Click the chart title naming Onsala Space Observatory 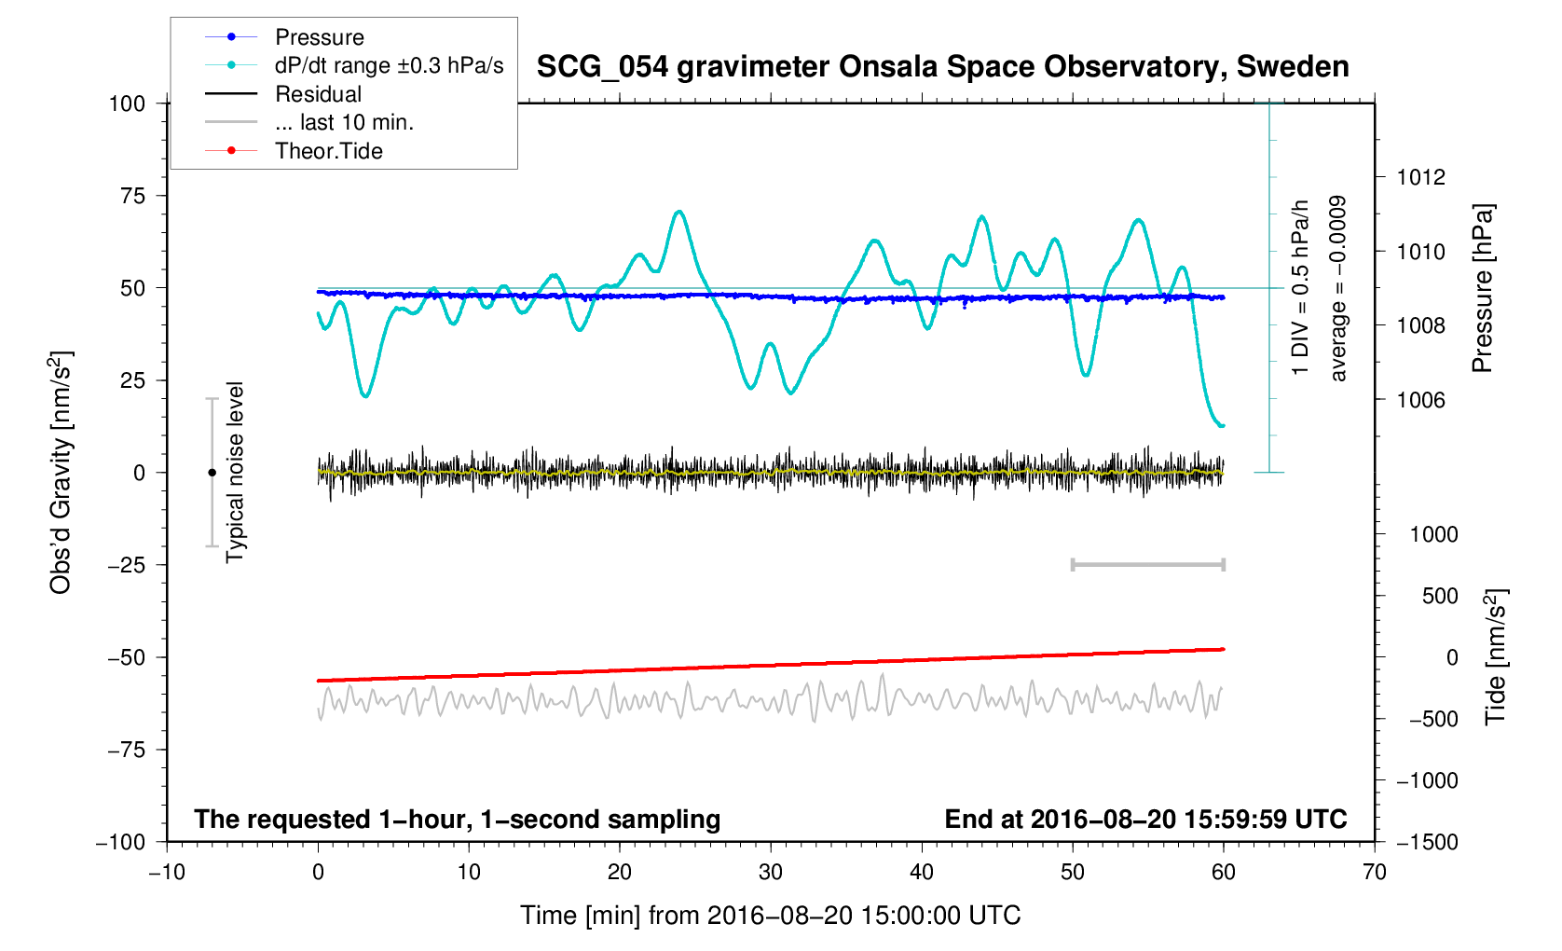[x=942, y=67]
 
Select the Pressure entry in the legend [x=320, y=37]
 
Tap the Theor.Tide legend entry [x=328, y=151]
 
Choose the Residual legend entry [x=318, y=94]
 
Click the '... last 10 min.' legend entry [x=344, y=122]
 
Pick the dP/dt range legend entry [x=389, y=65]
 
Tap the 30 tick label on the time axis [x=771, y=873]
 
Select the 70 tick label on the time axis [x=1374, y=873]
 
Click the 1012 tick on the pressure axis [x=1420, y=177]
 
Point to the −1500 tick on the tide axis [x=1426, y=842]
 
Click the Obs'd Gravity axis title [x=61, y=473]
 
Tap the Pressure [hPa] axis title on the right [x=1482, y=288]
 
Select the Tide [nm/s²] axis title [x=1495, y=656]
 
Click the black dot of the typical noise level [x=212, y=473]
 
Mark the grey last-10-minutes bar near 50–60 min [x=1148, y=564]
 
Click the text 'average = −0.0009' [x=1338, y=288]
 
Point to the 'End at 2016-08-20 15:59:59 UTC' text [x=1145, y=820]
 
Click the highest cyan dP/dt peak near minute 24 [x=679, y=212]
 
